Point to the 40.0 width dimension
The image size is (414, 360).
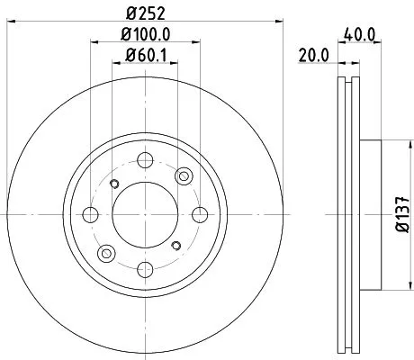click(359, 35)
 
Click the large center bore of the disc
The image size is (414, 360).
click(145, 214)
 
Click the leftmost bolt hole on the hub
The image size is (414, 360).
click(91, 214)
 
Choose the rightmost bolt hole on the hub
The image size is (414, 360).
click(199, 214)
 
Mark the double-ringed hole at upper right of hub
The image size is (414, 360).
click(184, 175)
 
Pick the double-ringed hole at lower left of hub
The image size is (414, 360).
click(105, 253)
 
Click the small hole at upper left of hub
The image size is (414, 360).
click(113, 184)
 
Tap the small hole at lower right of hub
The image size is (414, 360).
click(176, 246)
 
